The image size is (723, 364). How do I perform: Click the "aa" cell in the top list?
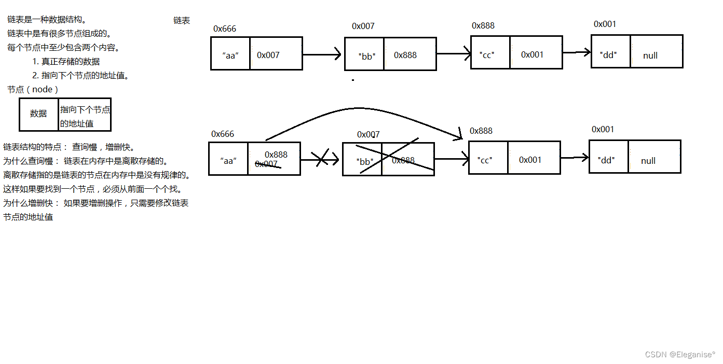click(230, 54)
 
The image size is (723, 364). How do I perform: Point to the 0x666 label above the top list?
click(225, 29)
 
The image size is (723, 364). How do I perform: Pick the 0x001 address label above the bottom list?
click(603, 130)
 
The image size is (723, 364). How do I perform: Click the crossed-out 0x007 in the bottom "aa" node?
click(267, 164)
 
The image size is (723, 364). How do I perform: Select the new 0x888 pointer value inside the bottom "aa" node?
click(276, 155)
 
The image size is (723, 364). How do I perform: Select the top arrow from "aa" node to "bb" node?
click(322, 54)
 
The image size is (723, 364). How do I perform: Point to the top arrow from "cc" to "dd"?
click(577, 52)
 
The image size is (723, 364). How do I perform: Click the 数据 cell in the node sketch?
click(38, 114)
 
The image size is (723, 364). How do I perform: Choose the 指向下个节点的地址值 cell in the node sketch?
click(85, 116)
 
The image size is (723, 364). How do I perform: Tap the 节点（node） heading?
click(32, 89)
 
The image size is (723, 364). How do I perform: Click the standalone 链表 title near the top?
click(182, 21)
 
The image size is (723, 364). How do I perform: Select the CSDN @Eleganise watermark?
click(680, 355)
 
